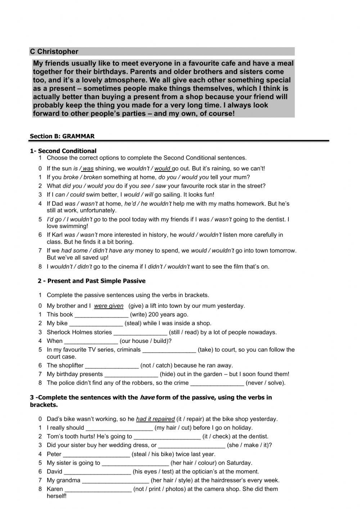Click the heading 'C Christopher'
(x=54, y=52)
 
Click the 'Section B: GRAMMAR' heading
(x=62, y=136)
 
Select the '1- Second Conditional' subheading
(x=63, y=151)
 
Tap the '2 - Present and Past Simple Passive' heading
(x=91, y=281)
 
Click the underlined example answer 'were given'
(x=109, y=306)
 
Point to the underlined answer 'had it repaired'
(x=155, y=419)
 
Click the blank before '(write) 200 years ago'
(x=102, y=315)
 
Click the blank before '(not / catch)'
(x=112, y=366)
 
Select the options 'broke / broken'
(x=82, y=177)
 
